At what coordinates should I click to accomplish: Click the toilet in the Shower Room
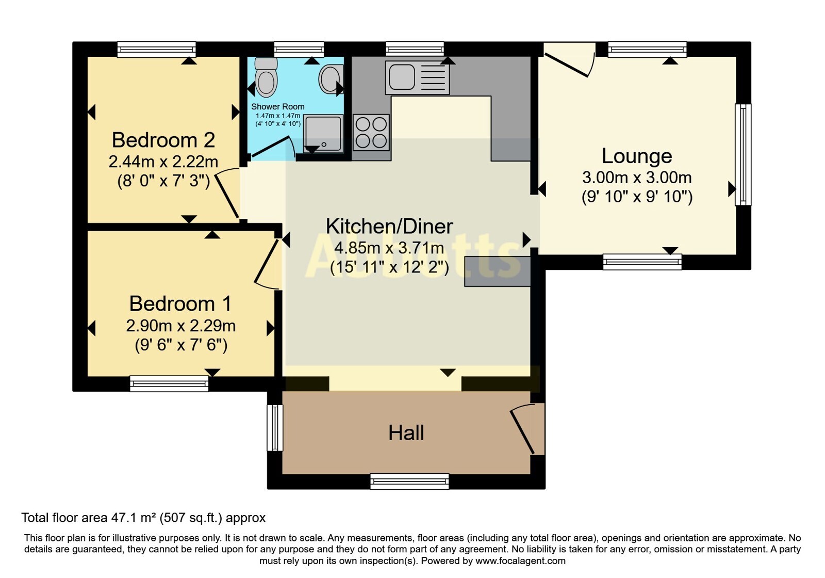266,77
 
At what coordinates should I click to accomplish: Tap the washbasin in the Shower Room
331,79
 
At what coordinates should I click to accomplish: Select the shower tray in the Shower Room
323,134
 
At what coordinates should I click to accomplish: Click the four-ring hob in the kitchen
371,132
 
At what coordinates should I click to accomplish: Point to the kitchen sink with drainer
417,77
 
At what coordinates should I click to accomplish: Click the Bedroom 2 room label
163,140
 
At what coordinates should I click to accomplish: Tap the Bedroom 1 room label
180,304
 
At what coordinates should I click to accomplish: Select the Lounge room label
637,156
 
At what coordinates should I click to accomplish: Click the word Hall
406,433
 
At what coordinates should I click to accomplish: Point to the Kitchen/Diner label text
389,227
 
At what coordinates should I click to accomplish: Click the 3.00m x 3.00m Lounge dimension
637,178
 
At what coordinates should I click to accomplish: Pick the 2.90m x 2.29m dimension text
181,326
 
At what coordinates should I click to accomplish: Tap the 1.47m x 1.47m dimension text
278,116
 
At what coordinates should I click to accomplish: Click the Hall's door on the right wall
526,429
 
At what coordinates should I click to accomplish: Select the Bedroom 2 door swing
227,193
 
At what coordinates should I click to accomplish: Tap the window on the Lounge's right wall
743,154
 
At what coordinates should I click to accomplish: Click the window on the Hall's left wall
275,428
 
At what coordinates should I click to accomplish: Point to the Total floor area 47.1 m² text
88,518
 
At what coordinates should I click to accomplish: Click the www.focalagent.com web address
520,560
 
